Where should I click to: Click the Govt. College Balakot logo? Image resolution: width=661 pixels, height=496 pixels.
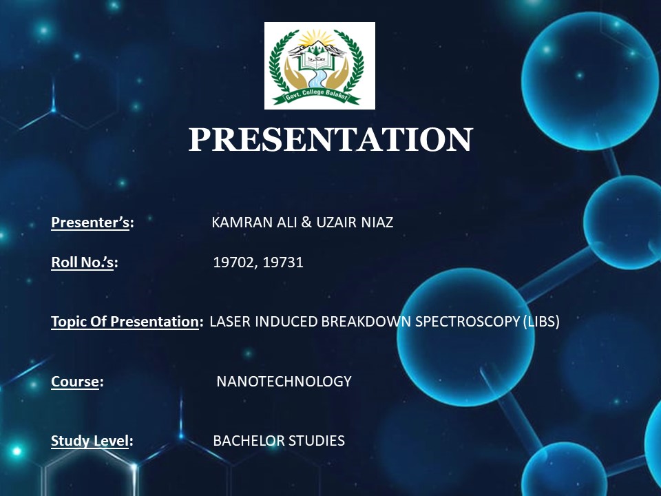pyautogui.click(x=319, y=66)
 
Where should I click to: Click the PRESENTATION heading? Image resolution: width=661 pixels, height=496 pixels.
pyautogui.click(x=330, y=139)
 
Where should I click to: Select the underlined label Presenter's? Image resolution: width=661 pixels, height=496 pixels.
pyautogui.click(x=90, y=222)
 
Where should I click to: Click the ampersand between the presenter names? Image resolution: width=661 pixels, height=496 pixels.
pyautogui.click(x=306, y=222)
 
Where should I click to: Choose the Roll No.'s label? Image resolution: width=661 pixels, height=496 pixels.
pyautogui.click(x=82, y=262)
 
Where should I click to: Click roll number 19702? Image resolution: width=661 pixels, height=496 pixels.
pyautogui.click(x=234, y=262)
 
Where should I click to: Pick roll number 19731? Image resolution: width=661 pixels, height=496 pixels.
pyautogui.click(x=283, y=262)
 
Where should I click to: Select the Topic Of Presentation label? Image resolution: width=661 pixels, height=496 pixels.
pyautogui.click(x=125, y=322)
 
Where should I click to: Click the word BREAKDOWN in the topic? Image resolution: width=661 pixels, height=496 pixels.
pyautogui.click(x=366, y=322)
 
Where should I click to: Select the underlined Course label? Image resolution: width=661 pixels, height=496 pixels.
pyautogui.click(x=75, y=381)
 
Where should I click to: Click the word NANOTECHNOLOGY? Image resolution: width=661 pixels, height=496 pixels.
pyautogui.click(x=284, y=381)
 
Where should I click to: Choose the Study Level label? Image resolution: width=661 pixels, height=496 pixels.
pyautogui.click(x=90, y=441)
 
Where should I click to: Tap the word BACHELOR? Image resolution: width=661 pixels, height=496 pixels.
pyautogui.click(x=246, y=441)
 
